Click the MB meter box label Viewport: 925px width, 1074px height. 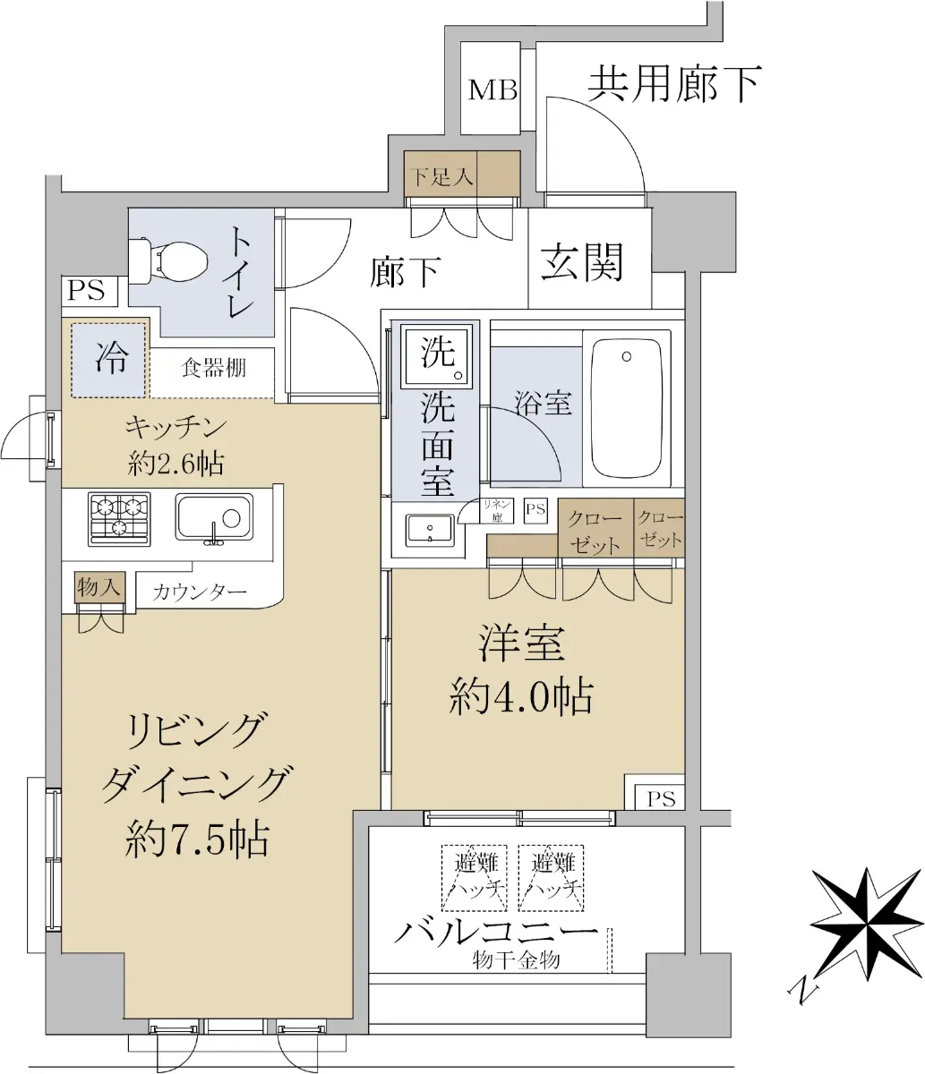(492, 89)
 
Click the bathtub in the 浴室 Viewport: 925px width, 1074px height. (627, 409)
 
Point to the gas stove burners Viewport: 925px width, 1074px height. (119, 519)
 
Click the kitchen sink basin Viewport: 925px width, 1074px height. (214, 517)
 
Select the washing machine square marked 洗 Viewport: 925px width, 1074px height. (437, 356)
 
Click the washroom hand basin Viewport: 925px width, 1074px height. (430, 531)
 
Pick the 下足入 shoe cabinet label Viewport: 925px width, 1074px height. (441, 178)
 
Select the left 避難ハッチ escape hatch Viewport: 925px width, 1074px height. (475, 878)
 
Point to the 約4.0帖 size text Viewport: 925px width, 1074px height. (521, 695)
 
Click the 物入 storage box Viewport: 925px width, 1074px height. (99, 587)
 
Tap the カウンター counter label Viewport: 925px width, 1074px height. (200, 592)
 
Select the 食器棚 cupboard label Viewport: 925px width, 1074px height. (213, 369)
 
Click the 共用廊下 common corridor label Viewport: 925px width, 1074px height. (674, 83)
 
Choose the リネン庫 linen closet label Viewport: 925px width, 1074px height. (497, 511)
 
